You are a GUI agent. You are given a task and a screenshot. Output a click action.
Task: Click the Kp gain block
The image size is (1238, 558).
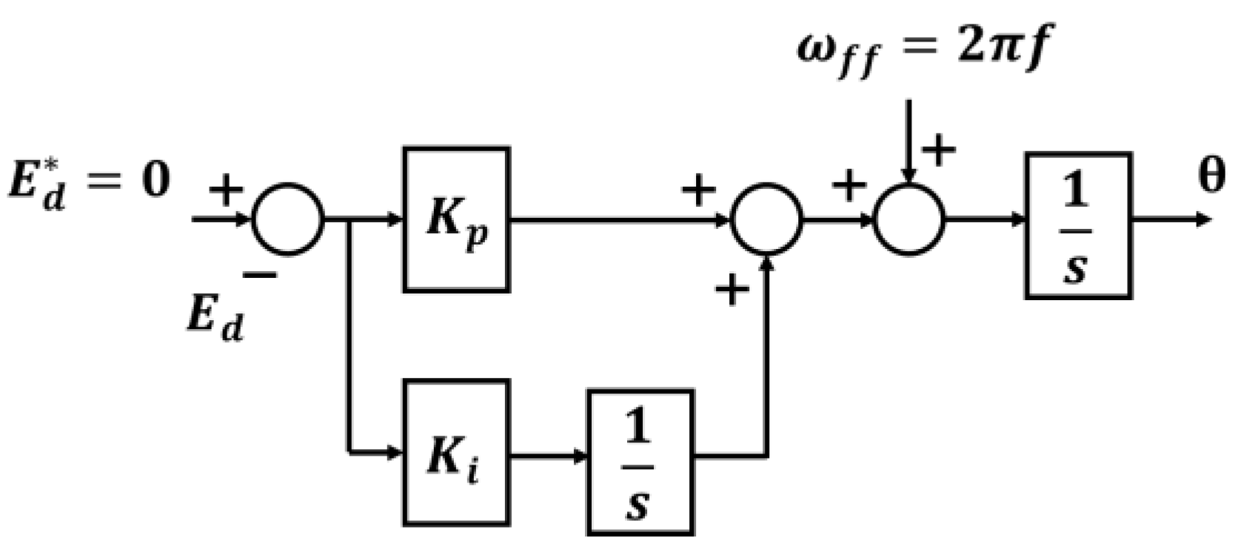pos(456,220)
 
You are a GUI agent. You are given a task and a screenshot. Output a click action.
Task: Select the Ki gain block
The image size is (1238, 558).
pos(456,453)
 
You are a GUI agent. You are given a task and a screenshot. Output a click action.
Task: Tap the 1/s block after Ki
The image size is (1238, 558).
pos(640,462)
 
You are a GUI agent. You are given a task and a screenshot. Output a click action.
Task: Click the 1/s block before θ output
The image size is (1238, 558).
pos(1078,225)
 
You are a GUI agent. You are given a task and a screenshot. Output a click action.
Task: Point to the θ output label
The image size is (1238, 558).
pos(1211,178)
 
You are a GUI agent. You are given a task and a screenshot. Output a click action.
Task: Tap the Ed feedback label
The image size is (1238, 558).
pos(215,319)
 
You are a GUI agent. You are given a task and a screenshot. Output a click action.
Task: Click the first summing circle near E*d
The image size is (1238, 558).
pos(288,219)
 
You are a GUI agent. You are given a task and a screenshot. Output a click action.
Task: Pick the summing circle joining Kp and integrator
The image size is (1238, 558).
pos(766,220)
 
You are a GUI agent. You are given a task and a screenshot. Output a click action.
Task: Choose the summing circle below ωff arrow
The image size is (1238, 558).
pos(909,220)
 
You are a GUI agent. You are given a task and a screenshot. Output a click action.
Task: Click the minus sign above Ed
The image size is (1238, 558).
pos(260,276)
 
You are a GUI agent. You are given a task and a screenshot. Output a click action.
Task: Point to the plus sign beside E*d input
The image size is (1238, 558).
pos(226,189)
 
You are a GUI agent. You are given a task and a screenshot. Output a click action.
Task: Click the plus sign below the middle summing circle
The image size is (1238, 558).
pos(732,289)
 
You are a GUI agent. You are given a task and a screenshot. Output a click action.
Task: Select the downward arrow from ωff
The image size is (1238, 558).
pos(909,141)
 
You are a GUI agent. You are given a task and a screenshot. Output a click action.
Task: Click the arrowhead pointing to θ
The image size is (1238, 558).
pos(1204,219)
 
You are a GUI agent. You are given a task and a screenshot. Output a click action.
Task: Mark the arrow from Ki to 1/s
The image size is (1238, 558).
pos(548,455)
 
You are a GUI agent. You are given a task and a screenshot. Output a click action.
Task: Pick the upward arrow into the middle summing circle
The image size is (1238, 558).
pos(766,333)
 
